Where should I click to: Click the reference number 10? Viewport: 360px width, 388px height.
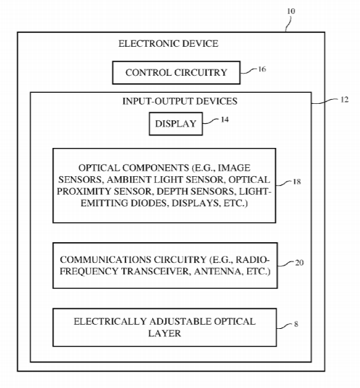[291, 11]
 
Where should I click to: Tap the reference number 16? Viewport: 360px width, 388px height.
[262, 69]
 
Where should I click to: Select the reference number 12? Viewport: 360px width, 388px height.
[344, 100]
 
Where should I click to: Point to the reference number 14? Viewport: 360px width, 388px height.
[224, 120]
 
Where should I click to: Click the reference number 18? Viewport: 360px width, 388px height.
[297, 182]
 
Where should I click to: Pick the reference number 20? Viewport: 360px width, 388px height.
[299, 263]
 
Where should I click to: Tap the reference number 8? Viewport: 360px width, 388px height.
[296, 324]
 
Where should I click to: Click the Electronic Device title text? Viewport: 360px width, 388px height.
[169, 43]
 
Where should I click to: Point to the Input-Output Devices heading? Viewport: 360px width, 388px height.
[180, 101]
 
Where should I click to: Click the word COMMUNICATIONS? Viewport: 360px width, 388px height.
[105, 259]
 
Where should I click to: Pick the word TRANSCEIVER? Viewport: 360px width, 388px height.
[156, 271]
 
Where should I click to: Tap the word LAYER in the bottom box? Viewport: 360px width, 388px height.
[165, 333]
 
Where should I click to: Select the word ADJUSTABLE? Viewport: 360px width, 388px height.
[180, 321]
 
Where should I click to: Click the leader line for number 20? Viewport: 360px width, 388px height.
[286, 263]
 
